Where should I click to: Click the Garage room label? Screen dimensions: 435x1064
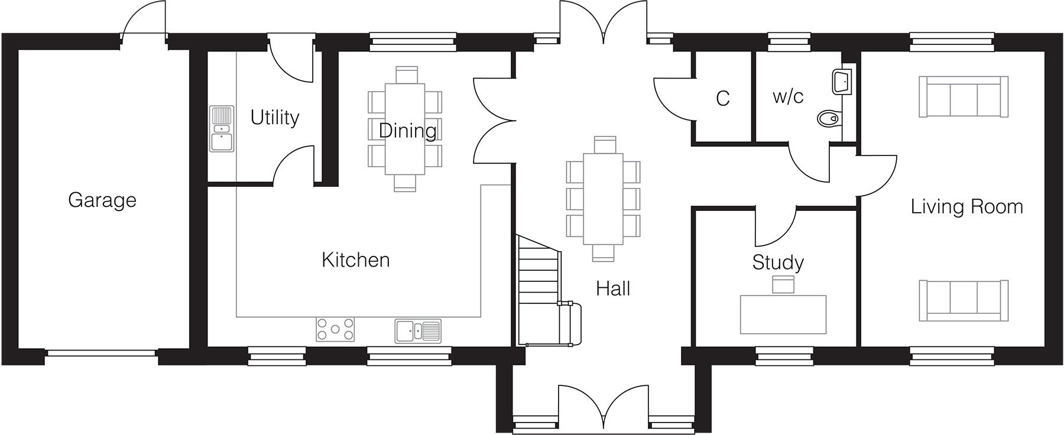[x=102, y=200]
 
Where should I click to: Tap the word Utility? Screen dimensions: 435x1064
[x=274, y=118]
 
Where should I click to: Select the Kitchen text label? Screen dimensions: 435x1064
[x=355, y=260]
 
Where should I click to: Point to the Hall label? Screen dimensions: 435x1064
[x=613, y=288]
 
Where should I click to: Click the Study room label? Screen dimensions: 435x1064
[x=777, y=262]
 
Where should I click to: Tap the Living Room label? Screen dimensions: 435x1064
[x=966, y=207]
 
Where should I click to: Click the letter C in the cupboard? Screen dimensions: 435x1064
[x=722, y=99]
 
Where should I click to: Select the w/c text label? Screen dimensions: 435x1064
[x=788, y=96]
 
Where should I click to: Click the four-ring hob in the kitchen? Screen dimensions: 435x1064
[x=336, y=329]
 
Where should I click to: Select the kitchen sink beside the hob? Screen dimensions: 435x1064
[x=418, y=331]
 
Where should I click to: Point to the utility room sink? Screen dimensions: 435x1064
[x=222, y=129]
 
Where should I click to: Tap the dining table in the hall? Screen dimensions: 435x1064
[x=603, y=198]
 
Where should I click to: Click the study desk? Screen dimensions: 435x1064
[x=783, y=314]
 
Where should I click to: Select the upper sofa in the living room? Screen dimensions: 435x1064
[x=964, y=97]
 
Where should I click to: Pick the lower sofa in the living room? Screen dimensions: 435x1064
[x=964, y=300]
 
